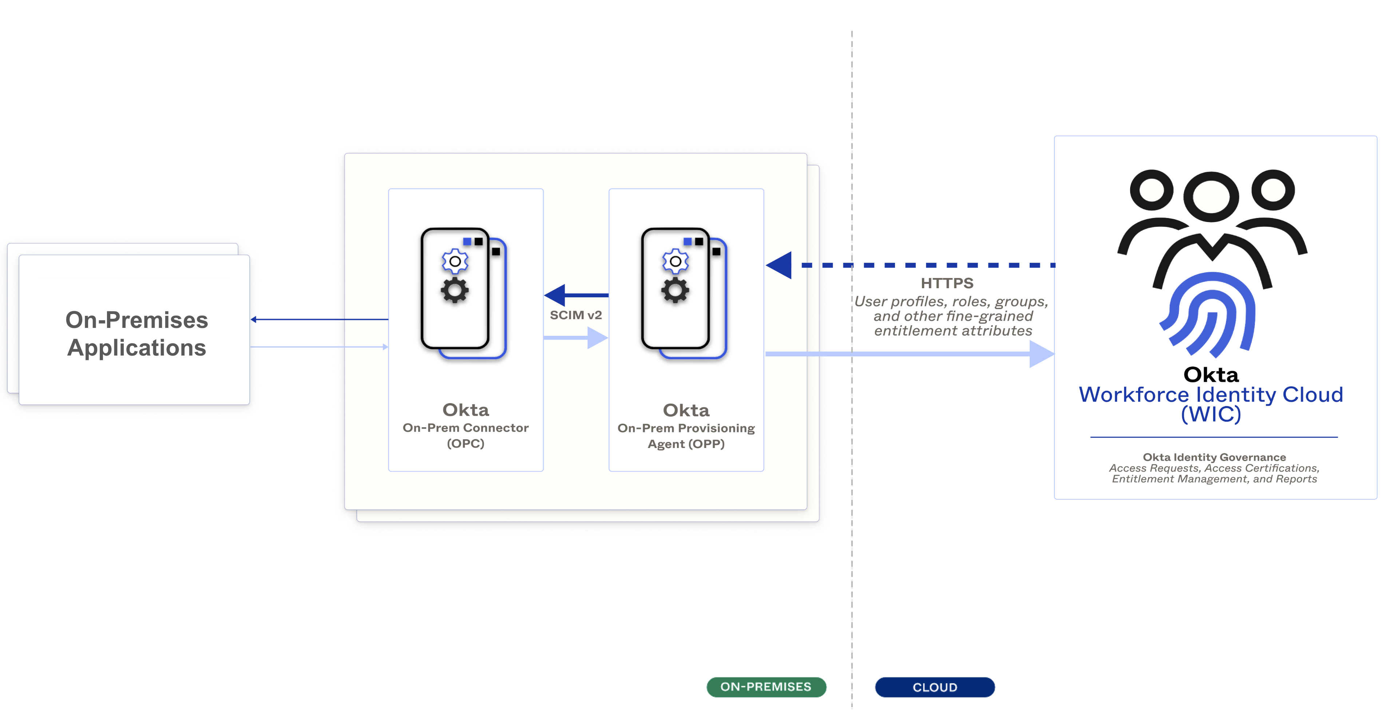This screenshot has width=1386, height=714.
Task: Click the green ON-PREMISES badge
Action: (766, 687)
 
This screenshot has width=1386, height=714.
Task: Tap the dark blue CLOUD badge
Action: (935, 687)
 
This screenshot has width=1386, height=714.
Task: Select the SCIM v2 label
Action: (575, 315)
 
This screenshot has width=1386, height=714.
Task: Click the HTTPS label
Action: (947, 283)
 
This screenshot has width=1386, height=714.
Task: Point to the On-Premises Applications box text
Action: (136, 334)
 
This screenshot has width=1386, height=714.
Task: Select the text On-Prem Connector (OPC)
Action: (466, 435)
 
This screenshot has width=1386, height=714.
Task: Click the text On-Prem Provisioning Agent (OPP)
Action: (686, 436)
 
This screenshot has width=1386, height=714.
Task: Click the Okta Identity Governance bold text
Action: (1214, 457)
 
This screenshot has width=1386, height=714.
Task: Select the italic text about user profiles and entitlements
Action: (952, 316)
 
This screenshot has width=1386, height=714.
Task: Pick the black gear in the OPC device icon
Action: (455, 290)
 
